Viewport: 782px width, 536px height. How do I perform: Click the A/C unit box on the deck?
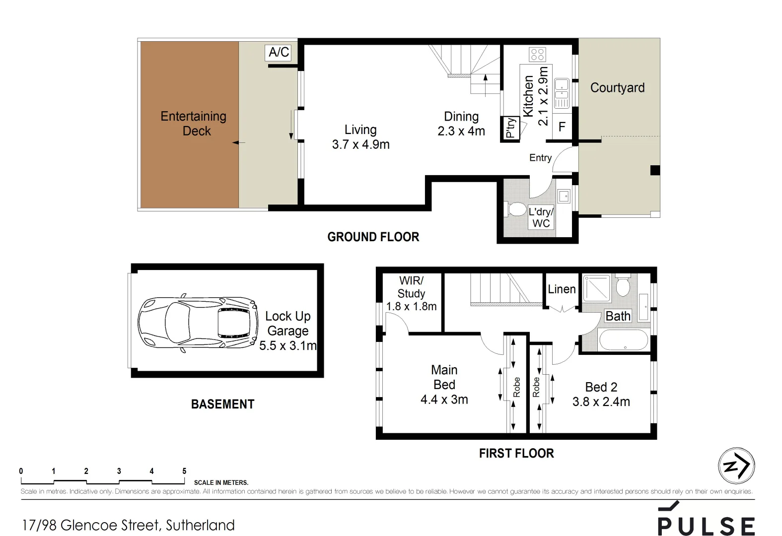[x=278, y=53]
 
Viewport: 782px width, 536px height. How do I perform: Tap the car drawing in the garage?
[x=198, y=323]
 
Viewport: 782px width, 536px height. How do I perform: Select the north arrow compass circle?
[x=737, y=466]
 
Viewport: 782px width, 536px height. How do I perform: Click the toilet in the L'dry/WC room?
[x=515, y=209]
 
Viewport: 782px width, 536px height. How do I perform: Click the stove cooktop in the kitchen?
[x=537, y=55]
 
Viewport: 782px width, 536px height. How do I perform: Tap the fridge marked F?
[x=562, y=127]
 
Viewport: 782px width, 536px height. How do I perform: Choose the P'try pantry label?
[x=510, y=128]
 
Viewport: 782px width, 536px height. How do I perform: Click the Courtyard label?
[x=617, y=88]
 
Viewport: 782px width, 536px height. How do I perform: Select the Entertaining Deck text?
[x=194, y=124]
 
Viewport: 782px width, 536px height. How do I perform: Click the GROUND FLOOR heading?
[x=373, y=237]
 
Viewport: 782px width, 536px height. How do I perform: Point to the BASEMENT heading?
[x=223, y=404]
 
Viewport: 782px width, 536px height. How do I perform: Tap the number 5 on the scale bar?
[x=184, y=471]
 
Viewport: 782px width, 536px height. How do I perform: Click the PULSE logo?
[x=707, y=519]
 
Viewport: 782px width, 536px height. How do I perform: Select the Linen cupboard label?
[x=562, y=289]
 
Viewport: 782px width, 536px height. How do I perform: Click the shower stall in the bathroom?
[x=597, y=288]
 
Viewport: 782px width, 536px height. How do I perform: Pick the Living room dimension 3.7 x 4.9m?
[x=360, y=144]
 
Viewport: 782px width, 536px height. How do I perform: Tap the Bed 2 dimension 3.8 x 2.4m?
[x=601, y=402]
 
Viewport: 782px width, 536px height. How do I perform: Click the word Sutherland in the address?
[x=200, y=525]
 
